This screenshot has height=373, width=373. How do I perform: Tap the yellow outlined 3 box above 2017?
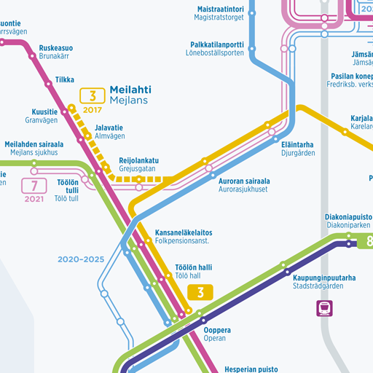tap(93, 95)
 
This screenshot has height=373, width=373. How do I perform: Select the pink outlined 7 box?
tap(34, 185)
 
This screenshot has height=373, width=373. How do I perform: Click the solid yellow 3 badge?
tap(200, 292)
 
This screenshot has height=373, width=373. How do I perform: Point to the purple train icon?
tap(324, 308)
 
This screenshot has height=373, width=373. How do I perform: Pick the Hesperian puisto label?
tap(248, 369)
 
